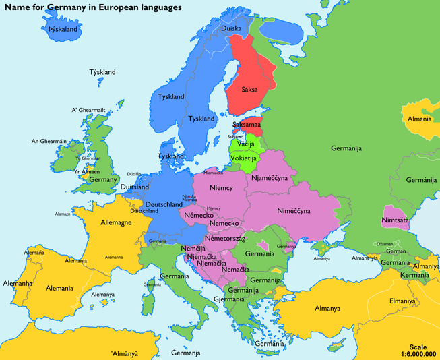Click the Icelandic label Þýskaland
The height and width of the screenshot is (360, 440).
point(63,30)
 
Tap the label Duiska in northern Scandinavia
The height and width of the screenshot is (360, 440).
point(231,28)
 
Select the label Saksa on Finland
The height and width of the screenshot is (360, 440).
point(249,89)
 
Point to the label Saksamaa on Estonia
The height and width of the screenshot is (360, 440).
point(247,125)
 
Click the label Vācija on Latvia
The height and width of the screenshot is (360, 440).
point(245,145)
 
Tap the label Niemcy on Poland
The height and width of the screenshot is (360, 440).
point(222,189)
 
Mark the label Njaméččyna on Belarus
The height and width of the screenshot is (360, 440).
point(271,178)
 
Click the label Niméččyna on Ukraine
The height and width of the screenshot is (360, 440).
point(293,211)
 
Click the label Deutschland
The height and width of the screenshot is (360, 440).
point(164,204)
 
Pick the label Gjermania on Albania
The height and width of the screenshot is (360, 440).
point(228,299)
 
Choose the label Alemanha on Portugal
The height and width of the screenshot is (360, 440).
point(18,284)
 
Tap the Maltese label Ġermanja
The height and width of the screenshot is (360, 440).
point(185,353)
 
